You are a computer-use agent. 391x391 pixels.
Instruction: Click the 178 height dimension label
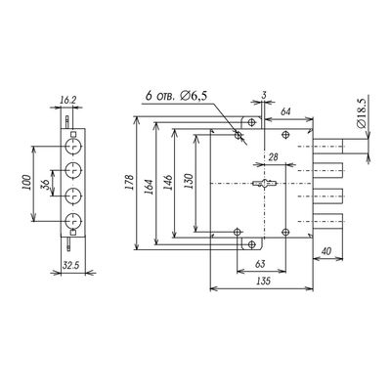pyautogui.click(x=130, y=183)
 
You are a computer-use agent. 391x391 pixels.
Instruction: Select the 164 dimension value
pyautogui.click(x=149, y=187)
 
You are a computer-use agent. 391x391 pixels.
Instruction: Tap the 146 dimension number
pyautogui.click(x=167, y=183)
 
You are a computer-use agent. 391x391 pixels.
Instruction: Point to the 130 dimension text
pyautogui.click(x=189, y=182)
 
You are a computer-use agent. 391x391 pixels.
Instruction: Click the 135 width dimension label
pyautogui.click(x=263, y=281)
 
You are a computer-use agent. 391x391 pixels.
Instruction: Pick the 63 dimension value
pyautogui.click(x=260, y=264)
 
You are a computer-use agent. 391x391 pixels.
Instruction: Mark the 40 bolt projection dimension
pyautogui.click(x=326, y=251)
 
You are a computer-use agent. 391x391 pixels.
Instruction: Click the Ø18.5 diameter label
pyautogui.click(x=361, y=114)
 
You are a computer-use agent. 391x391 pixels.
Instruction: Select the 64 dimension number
pyautogui.click(x=285, y=112)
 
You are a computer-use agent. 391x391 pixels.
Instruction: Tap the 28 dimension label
pyautogui.click(x=273, y=157)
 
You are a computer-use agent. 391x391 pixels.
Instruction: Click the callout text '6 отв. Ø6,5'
pyautogui.click(x=176, y=96)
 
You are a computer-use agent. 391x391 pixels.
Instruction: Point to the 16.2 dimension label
pyautogui.click(x=68, y=100)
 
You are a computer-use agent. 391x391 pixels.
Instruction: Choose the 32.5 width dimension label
pyautogui.click(x=71, y=265)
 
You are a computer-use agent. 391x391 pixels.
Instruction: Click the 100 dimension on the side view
pyautogui.click(x=26, y=183)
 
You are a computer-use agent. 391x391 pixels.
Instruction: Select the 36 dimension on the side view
pyautogui.click(x=46, y=185)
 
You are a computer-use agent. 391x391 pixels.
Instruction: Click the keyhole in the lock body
pyautogui.click(x=265, y=184)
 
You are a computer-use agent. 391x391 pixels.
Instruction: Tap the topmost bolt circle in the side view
pyautogui.click(x=73, y=147)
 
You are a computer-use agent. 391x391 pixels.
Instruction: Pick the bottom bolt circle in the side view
pyautogui.click(x=73, y=221)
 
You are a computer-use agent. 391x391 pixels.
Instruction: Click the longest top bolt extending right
pyautogui.click(x=328, y=147)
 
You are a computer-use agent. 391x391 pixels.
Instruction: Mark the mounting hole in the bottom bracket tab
pyautogui.click(x=251, y=244)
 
